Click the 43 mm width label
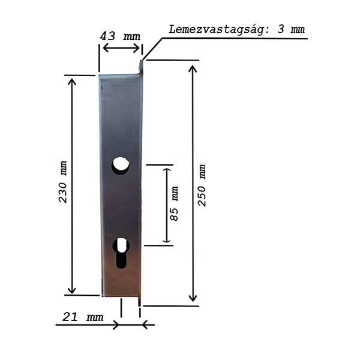(120, 36)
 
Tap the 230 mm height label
(62, 182)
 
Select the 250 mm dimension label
(202, 185)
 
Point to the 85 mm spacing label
(174, 203)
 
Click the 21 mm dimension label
(83, 317)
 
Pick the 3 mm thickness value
(291, 29)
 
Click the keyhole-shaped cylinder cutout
(121, 253)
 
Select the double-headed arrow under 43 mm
(121, 48)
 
